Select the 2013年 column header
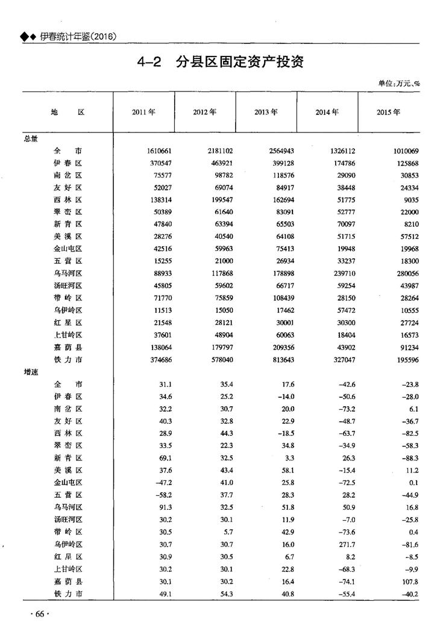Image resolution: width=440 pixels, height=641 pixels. click(266, 112)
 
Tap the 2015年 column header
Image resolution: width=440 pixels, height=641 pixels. click(388, 112)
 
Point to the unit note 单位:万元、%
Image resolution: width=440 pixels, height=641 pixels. click(398, 84)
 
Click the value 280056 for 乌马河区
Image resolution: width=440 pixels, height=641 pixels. click(404, 273)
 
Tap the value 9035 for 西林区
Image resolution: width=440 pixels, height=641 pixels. click(408, 200)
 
